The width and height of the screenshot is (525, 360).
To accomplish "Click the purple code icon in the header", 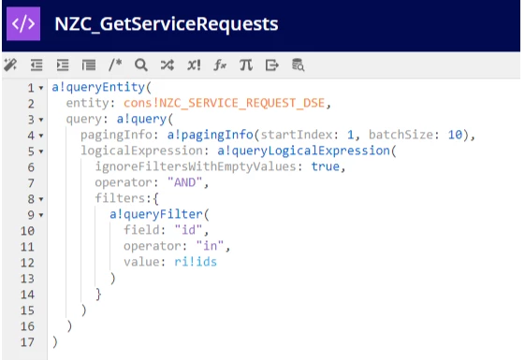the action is coord(23,23).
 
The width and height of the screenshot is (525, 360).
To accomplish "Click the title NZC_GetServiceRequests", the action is coord(166,24).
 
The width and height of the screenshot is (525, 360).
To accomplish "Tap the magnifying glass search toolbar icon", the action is coord(141,65).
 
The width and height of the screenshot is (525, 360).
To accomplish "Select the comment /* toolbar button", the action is coord(115,65).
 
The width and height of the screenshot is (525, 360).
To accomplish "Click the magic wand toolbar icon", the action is coord(10,65).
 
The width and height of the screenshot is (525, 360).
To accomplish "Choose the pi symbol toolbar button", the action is coord(246,65).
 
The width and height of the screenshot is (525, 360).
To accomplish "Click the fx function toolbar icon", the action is coord(220,65).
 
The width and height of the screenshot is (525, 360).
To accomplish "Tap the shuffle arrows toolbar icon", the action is coord(168,65).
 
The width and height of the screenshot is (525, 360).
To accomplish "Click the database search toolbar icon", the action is coord(298,65).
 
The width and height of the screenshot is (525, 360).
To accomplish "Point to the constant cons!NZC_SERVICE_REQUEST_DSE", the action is coord(224,103).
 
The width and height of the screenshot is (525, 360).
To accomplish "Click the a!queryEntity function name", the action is coord(98,87).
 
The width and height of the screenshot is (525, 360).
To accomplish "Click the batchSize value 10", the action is coord(455,135).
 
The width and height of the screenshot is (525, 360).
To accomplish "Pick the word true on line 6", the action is coord(325,166).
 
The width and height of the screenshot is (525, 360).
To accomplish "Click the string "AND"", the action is coord(184,182).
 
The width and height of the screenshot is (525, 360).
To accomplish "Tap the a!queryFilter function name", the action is coord(156,214).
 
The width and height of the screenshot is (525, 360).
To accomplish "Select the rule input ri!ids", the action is coord(196,262).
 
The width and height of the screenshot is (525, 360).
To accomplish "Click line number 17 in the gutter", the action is coord(27,342).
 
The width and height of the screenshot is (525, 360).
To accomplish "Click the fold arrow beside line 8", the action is coord(41,199).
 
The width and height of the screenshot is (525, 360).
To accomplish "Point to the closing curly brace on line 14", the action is coord(98,294).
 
